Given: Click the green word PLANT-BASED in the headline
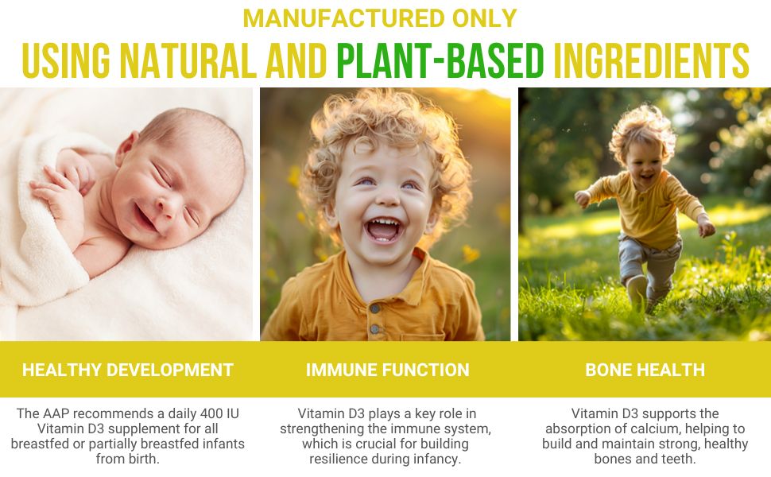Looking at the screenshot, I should pyautogui.click(x=440, y=60).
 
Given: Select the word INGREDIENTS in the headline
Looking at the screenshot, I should pyautogui.click(x=651, y=60).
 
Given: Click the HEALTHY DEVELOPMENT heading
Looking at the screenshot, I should pyautogui.click(x=128, y=370).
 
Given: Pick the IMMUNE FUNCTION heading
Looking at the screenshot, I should pyautogui.click(x=387, y=370).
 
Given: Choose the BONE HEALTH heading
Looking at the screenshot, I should pyautogui.click(x=645, y=370).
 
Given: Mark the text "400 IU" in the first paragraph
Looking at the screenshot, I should pyautogui.click(x=220, y=414).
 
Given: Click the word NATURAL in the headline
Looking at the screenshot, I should pyautogui.click(x=208, y=60).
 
